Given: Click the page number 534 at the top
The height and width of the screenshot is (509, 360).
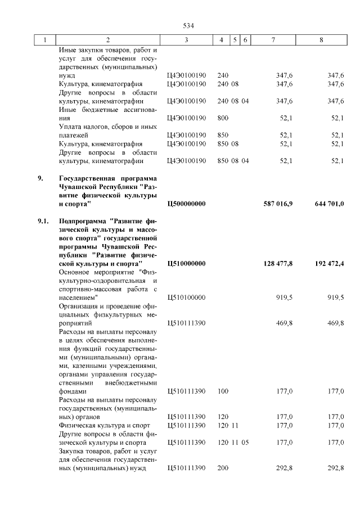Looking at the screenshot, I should (188, 25).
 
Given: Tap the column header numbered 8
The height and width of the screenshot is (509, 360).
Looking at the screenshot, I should (321, 40).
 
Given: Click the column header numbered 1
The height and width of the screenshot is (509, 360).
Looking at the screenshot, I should (45, 40).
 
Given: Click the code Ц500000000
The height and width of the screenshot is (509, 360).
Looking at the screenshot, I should (187, 204).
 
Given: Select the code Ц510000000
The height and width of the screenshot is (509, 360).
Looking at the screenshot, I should (187, 264).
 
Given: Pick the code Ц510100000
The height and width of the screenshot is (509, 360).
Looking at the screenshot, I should (187, 298).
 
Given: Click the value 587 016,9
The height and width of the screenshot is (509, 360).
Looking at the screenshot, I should (278, 204).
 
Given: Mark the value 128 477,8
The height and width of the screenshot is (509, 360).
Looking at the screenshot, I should (278, 264).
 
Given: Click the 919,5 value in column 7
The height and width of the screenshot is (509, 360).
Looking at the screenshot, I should (284, 298).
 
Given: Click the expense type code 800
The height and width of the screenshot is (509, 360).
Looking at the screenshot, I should (223, 118).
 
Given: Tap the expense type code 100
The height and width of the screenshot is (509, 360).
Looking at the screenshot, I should (223, 391).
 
